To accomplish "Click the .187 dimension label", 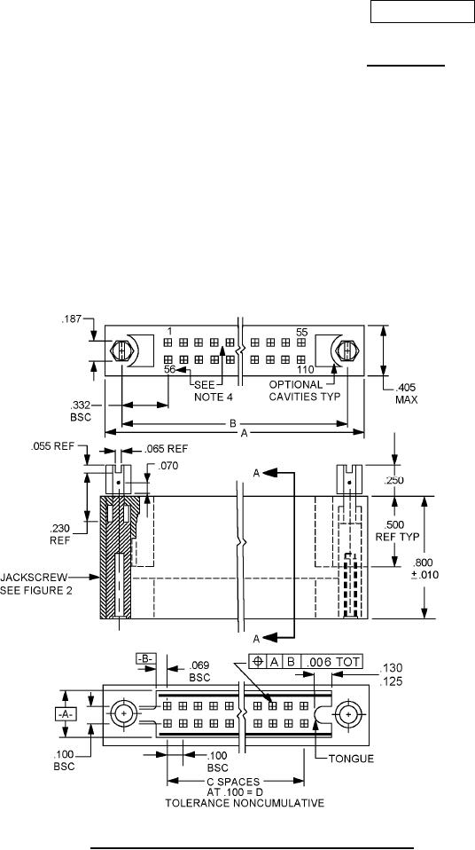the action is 71,319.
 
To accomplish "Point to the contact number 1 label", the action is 169,331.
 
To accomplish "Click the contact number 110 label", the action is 306,370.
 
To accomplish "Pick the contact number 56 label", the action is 170,370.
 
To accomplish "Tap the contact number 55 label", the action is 301,331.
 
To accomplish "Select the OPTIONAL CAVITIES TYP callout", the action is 304,391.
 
